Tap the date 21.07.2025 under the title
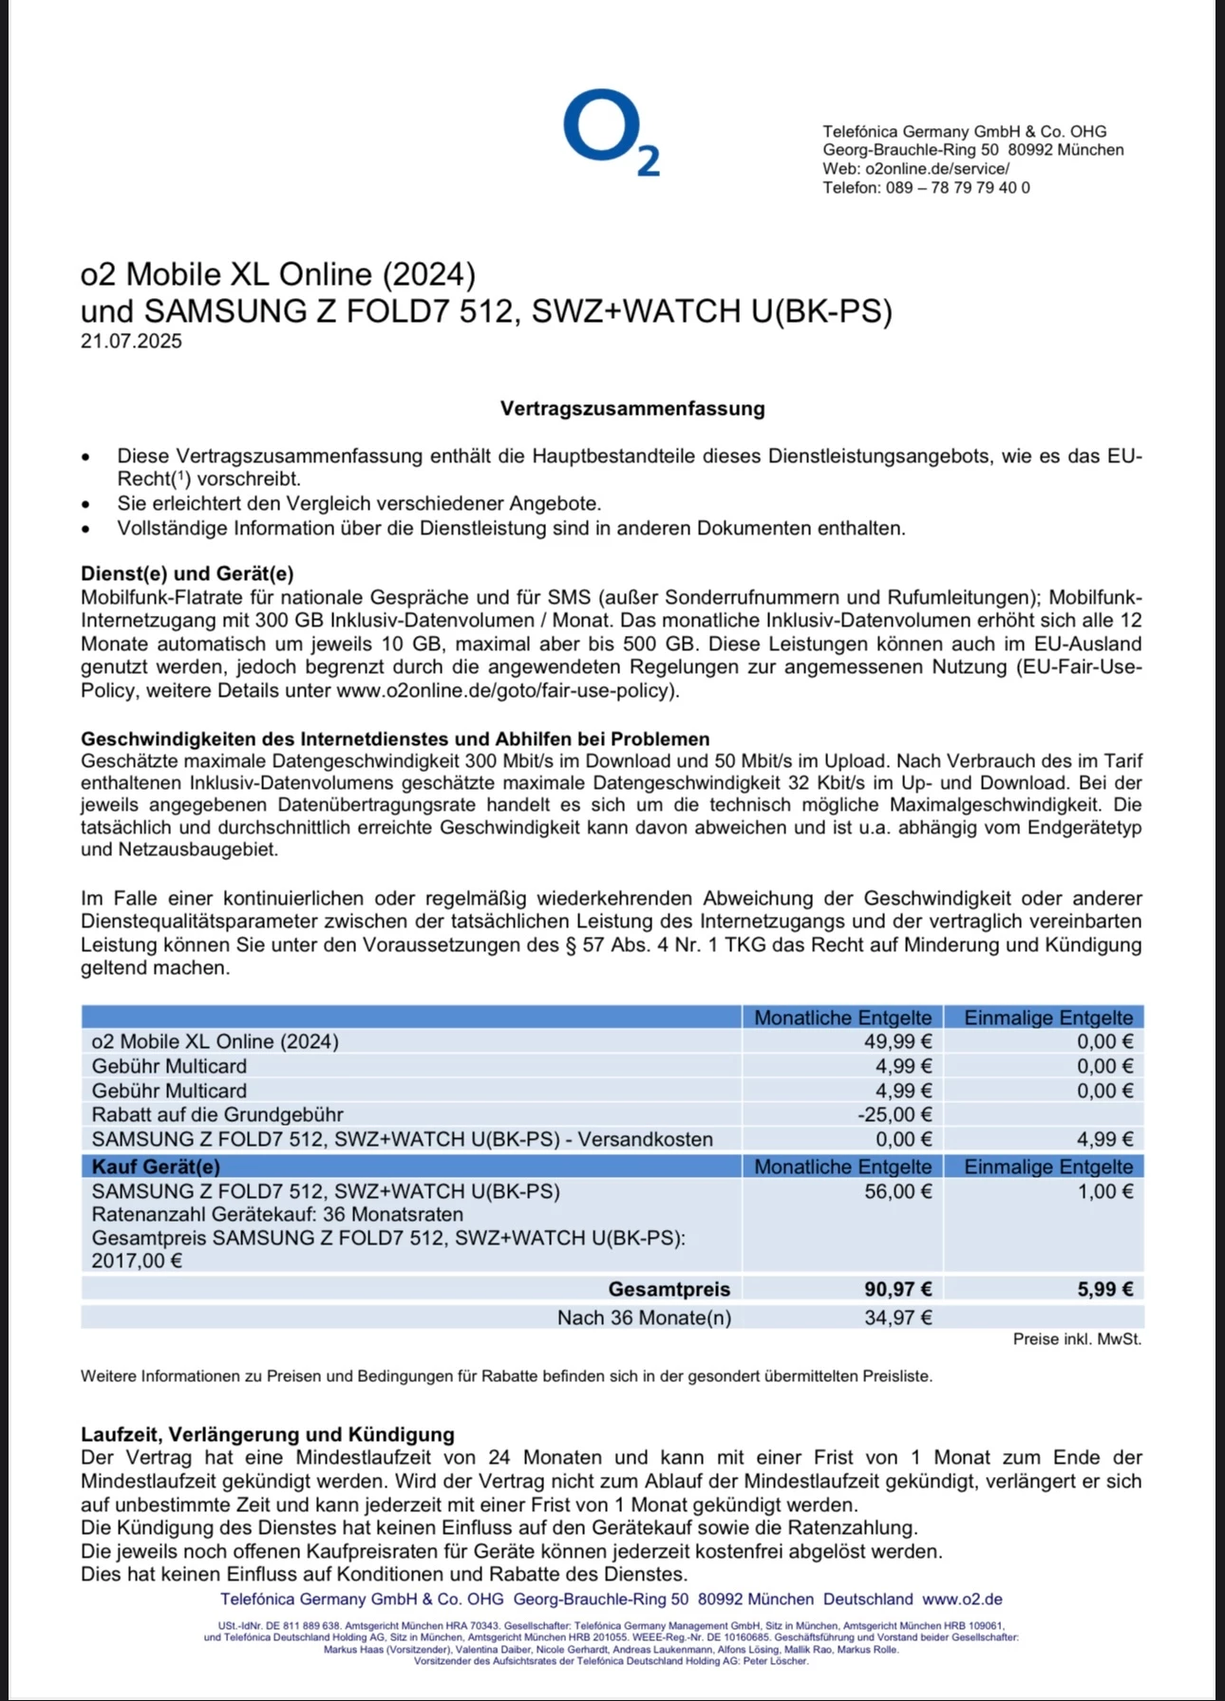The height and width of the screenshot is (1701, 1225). [131, 342]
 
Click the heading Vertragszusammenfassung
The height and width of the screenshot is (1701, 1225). [632, 409]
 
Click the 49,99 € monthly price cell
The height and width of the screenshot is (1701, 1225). [897, 1042]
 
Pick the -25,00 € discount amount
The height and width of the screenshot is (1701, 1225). [895, 1115]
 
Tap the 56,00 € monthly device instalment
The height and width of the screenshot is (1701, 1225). [897, 1191]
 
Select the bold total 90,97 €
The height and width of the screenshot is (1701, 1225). [897, 1289]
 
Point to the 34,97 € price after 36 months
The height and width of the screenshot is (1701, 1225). [897, 1318]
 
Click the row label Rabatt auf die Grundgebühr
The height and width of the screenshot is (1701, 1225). [217, 1115]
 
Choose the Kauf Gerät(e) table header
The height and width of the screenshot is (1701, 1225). [156, 1167]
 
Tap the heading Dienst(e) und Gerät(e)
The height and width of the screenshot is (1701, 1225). [187, 573]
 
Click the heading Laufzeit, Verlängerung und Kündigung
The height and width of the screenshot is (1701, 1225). [268, 1434]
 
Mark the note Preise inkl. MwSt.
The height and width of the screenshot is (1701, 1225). [1077, 1339]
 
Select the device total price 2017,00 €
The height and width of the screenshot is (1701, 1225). [137, 1262]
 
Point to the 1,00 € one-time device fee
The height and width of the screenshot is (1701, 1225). [1105, 1191]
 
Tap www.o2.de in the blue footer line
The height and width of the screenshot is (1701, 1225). [962, 1599]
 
